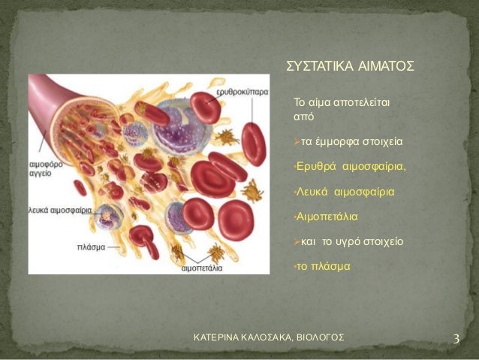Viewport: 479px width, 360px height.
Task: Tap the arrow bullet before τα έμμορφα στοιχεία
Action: pos(297,141)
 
